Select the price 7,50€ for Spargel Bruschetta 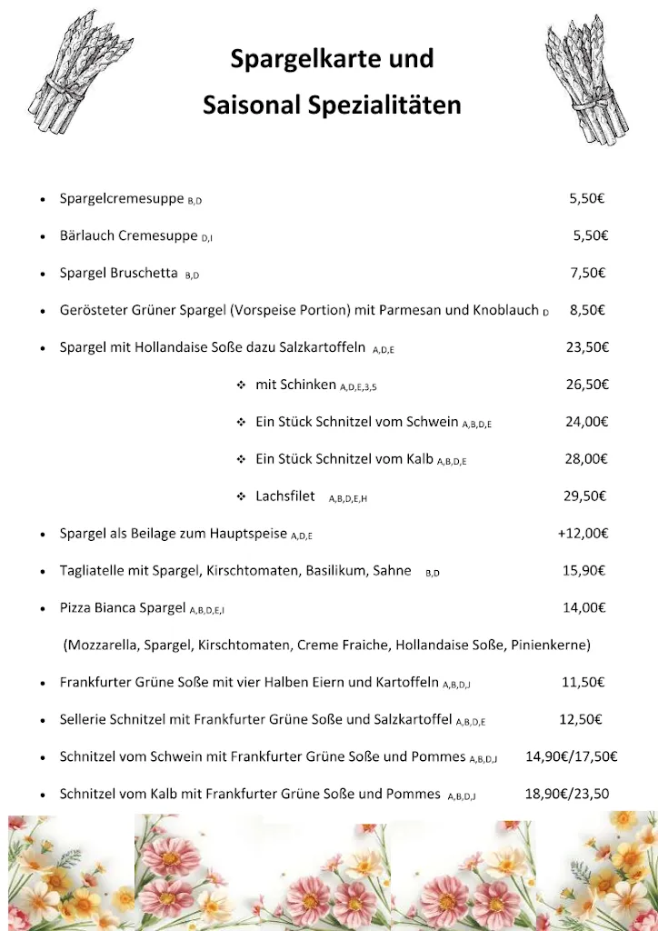click(587, 273)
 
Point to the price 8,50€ click(587, 310)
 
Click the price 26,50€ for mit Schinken click(586, 385)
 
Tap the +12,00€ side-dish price click(583, 534)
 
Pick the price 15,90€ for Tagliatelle click(584, 571)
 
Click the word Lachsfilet click(285, 496)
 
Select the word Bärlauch click(87, 235)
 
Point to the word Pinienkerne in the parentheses click(549, 646)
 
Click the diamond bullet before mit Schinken click(241, 385)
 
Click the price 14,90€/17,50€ click(571, 756)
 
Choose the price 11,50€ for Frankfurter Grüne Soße click(583, 682)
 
